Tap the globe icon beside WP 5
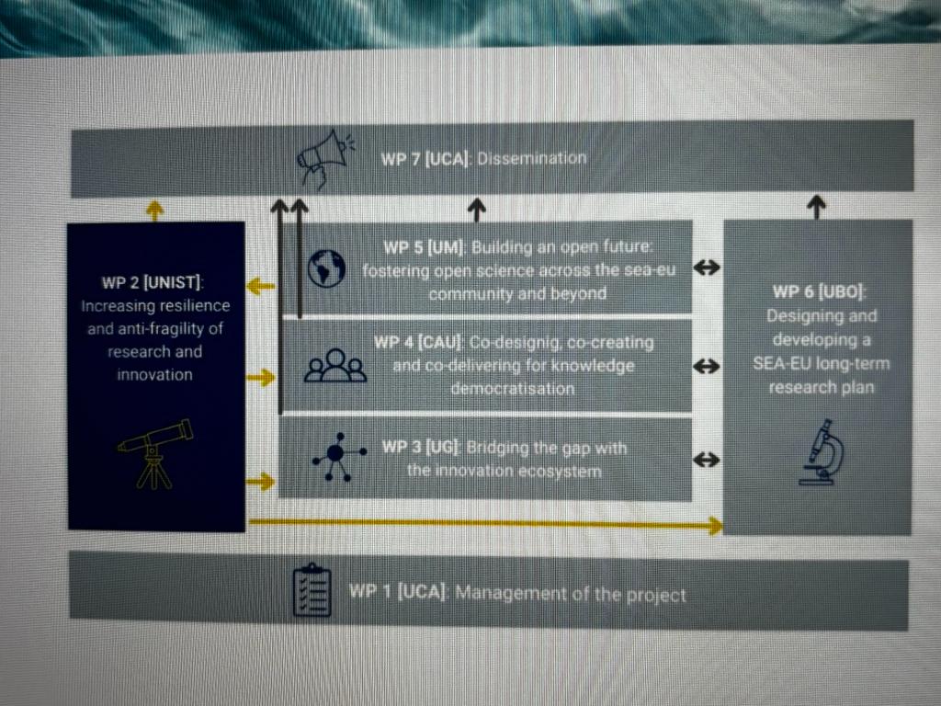[x=326, y=268]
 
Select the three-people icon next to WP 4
[x=335, y=366]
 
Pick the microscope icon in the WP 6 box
[x=822, y=452]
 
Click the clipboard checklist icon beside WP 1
[x=312, y=590]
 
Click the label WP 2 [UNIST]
[x=152, y=282]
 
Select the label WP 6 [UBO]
[x=819, y=291]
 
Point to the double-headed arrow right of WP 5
[x=707, y=268]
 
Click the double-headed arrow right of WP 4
[x=707, y=366]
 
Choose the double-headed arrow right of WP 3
[x=707, y=461]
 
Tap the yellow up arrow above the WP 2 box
[x=154, y=211]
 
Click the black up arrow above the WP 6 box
[x=816, y=207]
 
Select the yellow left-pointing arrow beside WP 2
[x=260, y=287]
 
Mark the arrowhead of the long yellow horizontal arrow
[x=715, y=526]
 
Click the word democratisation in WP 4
[x=513, y=389]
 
